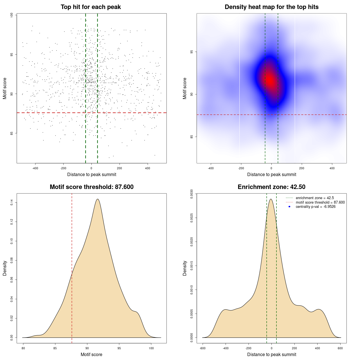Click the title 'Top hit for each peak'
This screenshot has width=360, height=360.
pyautogui.click(x=91, y=7)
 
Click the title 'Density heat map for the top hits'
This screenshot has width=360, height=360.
pyautogui.click(x=271, y=7)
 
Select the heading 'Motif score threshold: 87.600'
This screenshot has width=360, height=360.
pyautogui.click(x=91, y=187)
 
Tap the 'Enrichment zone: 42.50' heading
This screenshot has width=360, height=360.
pyautogui.click(x=271, y=187)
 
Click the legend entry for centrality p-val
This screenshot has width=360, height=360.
pyautogui.click(x=315, y=207)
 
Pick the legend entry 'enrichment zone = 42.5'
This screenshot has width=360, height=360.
pyautogui.click(x=315, y=198)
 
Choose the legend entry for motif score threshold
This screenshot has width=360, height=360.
pyautogui.click(x=320, y=202)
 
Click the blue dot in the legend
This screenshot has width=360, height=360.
pyautogui.click(x=289, y=207)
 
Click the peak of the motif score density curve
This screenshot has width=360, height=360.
pyautogui.click(x=98, y=199)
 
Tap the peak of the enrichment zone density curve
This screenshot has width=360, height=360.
pyautogui.click(x=271, y=199)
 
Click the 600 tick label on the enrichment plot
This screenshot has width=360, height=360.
pyautogui.click(x=340, y=348)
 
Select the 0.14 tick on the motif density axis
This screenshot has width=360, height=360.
pyautogui.click(x=12, y=202)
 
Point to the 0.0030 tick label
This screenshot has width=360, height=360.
pyautogui.click(x=192, y=194)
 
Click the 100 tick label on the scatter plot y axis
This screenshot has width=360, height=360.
pyautogui.click(x=12, y=15)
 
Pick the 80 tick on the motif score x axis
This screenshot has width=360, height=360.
pyautogui.click(x=23, y=348)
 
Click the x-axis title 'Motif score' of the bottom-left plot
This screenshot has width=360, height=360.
pyautogui.click(x=91, y=354)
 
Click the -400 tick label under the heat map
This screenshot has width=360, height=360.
pyautogui.click(x=211, y=168)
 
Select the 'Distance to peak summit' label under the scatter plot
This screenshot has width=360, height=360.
pyautogui.click(x=92, y=174)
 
